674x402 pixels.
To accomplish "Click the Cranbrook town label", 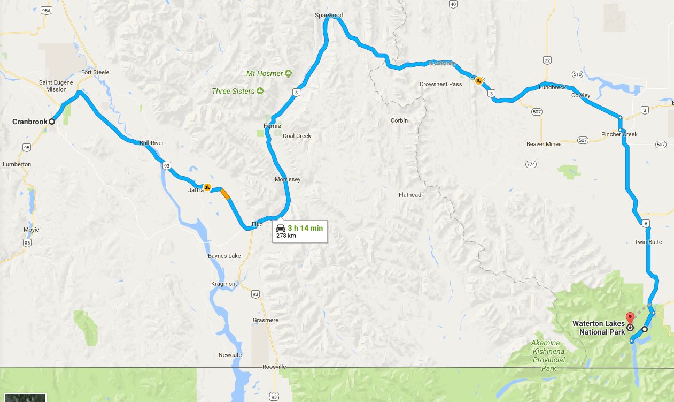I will point(30,122).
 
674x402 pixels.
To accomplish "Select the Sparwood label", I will point(329,16).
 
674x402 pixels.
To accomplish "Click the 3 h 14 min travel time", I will point(305,228).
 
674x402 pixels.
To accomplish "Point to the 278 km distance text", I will point(286,236).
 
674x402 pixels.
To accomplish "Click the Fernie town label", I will point(272,126).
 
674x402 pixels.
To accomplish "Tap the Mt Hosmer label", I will point(265,73).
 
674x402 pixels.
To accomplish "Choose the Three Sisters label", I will point(233,91).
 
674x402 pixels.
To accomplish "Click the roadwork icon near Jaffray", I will point(207,187).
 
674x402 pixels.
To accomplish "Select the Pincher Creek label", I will point(619,134).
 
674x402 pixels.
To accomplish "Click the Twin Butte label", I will point(648,242).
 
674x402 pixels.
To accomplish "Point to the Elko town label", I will point(257,224).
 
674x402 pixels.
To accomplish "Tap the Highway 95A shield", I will point(47,10).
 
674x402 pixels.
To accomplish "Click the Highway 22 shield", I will point(547,60).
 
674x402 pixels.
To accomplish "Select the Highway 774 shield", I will point(531,164).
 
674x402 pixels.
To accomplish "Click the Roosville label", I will point(274,367).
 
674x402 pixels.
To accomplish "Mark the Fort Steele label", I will point(95,72).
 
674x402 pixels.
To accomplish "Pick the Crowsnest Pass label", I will point(440,84).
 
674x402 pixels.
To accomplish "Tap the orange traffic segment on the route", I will point(225,193).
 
